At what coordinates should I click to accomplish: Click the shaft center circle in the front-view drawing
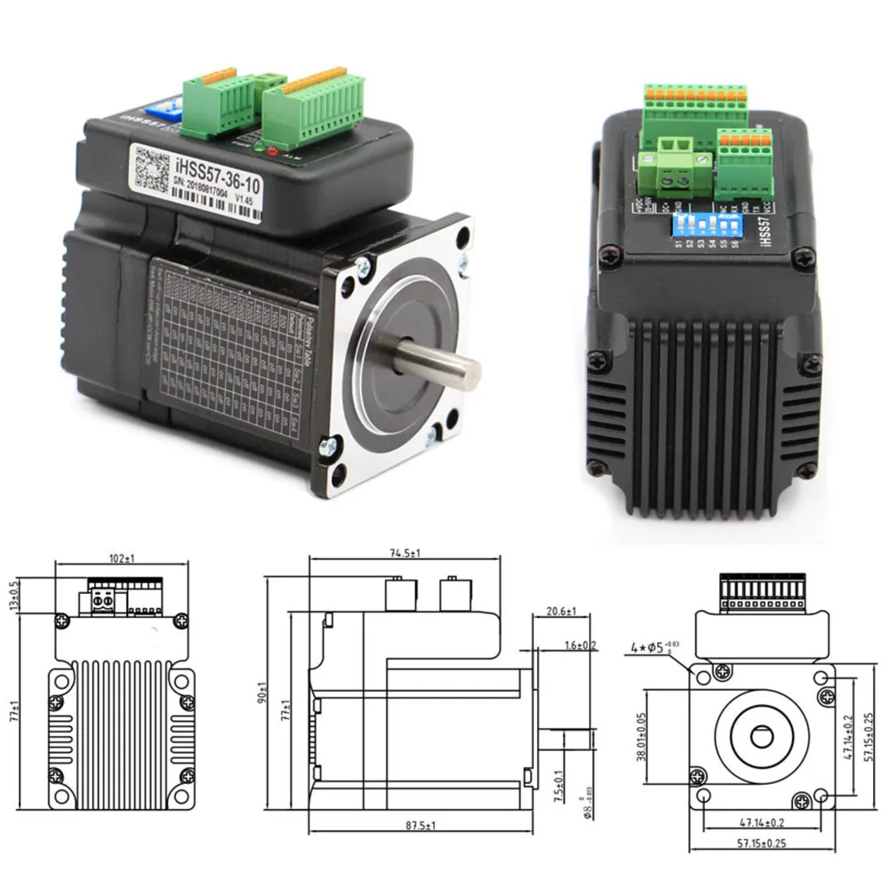762,736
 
